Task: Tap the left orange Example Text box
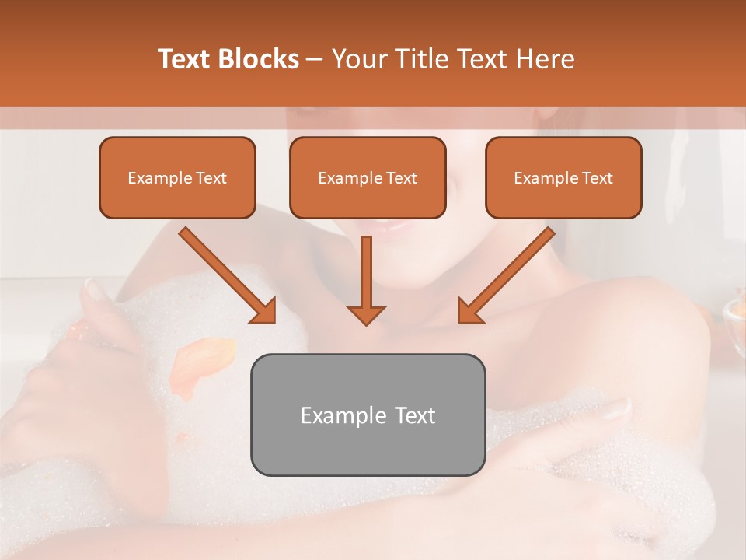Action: pos(177,178)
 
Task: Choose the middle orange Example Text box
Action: pos(368,178)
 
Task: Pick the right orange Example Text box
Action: pos(563,178)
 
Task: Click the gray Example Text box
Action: pos(368,415)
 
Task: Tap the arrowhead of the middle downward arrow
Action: pos(366,314)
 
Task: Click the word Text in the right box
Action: pos(597,178)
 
